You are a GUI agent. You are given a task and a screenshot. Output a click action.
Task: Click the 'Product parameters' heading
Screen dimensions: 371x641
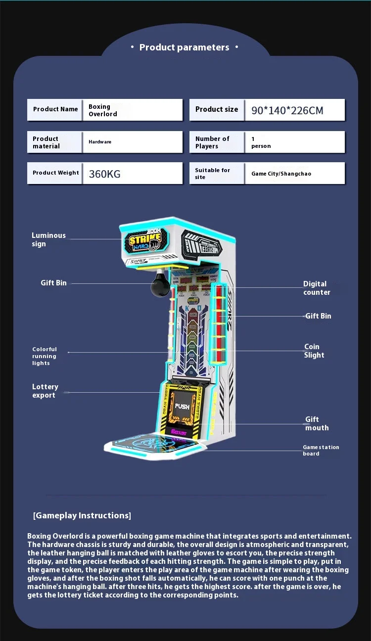coord(184,47)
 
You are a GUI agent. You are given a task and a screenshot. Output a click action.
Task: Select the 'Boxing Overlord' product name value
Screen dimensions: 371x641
coord(103,110)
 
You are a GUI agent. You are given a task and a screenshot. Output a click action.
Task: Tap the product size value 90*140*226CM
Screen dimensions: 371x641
coord(287,110)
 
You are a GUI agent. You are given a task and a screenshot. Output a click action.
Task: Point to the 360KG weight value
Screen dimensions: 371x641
coord(104,174)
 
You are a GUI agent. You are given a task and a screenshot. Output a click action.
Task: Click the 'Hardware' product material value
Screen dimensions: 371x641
coord(100,142)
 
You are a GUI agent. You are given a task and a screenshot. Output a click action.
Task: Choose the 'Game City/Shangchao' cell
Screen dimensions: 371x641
coord(281,174)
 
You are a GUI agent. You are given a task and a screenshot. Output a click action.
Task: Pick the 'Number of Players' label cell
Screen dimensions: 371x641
coord(212,142)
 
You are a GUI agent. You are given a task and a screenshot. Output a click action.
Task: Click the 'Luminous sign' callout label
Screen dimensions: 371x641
coord(48,239)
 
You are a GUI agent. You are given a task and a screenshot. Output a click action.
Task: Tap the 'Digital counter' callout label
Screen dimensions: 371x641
coord(317,288)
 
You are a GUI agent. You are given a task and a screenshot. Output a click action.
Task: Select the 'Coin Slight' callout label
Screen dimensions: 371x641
coord(314,351)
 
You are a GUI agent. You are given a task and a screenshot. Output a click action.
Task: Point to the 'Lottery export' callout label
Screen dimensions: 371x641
coord(45,391)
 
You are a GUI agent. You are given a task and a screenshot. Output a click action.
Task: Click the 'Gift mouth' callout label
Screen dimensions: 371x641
coord(317,423)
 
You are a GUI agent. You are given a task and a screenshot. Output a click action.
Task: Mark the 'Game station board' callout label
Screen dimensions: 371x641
coord(321,450)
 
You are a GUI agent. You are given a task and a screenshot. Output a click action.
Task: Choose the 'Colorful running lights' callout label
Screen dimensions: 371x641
coord(45,356)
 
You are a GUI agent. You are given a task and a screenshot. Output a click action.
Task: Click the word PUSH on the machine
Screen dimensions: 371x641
coord(182,407)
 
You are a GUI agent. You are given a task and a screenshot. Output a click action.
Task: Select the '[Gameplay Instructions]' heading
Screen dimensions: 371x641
coord(82,515)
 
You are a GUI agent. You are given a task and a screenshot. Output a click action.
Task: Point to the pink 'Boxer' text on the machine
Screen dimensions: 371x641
coord(179,431)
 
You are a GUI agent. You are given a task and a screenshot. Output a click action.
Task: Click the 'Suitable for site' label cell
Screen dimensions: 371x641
coord(212,174)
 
